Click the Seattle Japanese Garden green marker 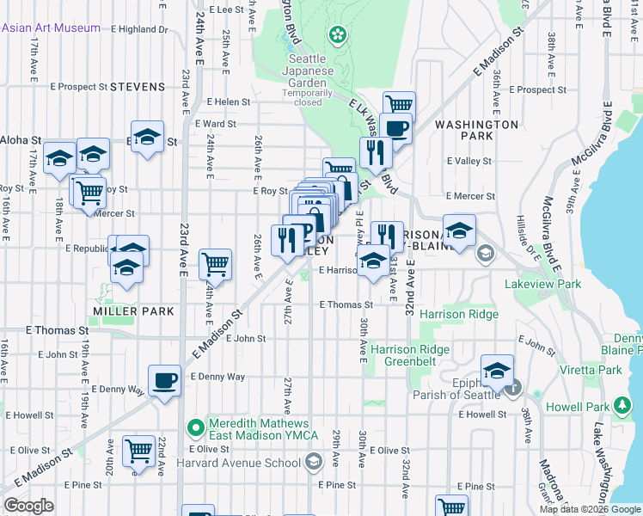tap(338, 35)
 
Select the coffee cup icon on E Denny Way tap(164, 379)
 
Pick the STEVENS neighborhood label tap(138, 87)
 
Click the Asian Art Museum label tap(52, 28)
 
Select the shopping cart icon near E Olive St tap(138, 450)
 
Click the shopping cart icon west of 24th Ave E tap(215, 264)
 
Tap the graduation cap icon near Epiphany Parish tap(497, 370)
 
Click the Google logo tap(29, 506)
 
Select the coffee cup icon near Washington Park tap(395, 128)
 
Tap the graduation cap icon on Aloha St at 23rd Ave tap(147, 137)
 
